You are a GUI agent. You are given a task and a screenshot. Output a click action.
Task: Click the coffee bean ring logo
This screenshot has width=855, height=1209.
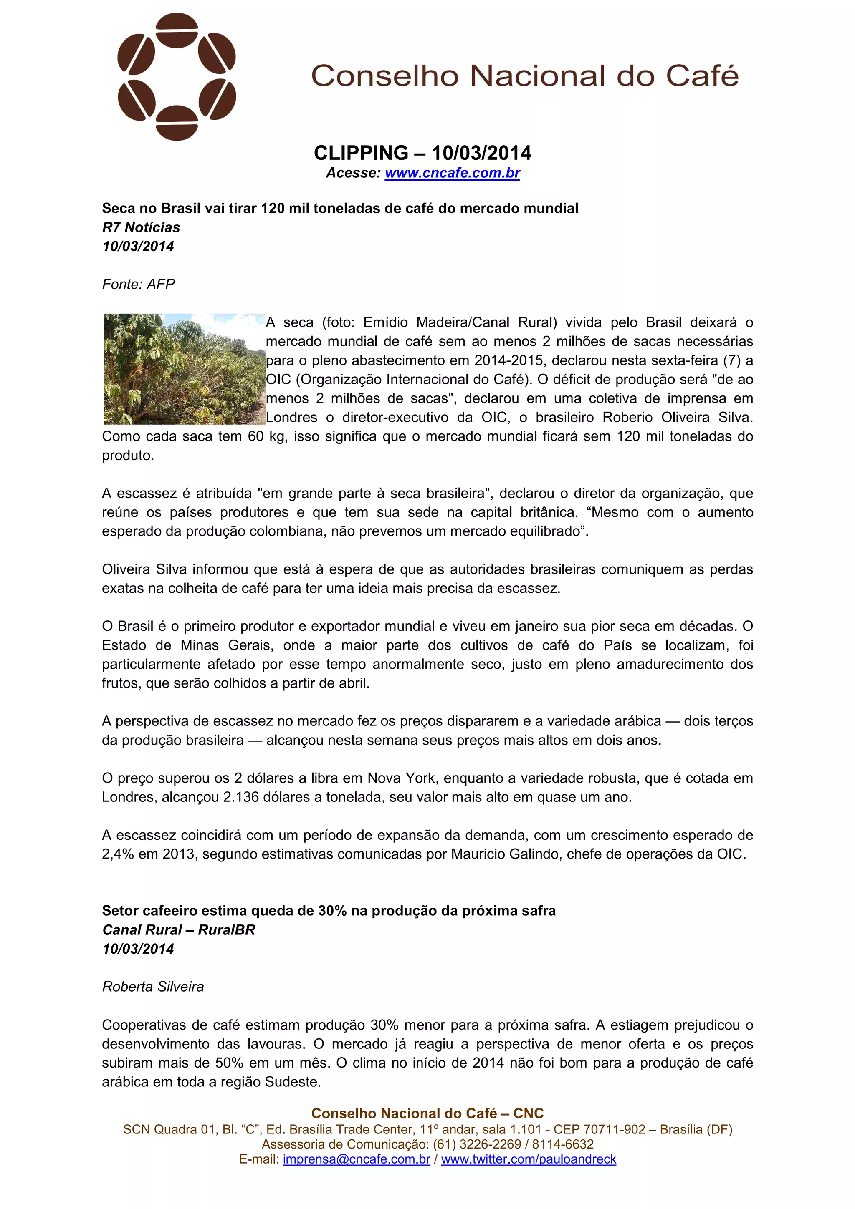pyautogui.click(x=177, y=77)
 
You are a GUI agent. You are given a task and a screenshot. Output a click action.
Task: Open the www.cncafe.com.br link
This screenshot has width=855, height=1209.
pyautogui.click(x=452, y=173)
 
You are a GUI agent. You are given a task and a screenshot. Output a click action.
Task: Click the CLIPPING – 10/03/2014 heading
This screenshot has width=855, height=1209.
pyautogui.click(x=422, y=153)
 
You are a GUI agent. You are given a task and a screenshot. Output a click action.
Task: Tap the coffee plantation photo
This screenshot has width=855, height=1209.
pyautogui.click(x=185, y=369)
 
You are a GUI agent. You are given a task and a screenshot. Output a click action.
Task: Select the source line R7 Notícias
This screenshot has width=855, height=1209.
pyautogui.click(x=141, y=227)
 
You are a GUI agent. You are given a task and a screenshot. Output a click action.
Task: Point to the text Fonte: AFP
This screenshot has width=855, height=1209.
pyautogui.click(x=139, y=285)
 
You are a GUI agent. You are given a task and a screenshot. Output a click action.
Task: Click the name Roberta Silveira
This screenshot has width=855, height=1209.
pyautogui.click(x=153, y=987)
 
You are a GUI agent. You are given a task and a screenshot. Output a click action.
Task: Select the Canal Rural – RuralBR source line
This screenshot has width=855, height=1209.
pyautogui.click(x=179, y=930)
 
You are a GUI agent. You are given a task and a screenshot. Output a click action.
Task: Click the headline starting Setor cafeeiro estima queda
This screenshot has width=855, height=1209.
pyautogui.click(x=329, y=911)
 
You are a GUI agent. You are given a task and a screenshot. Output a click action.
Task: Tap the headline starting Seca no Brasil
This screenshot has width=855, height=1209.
pyautogui.click(x=340, y=209)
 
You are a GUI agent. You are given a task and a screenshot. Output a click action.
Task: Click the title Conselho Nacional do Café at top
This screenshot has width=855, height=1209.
pyautogui.click(x=525, y=76)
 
